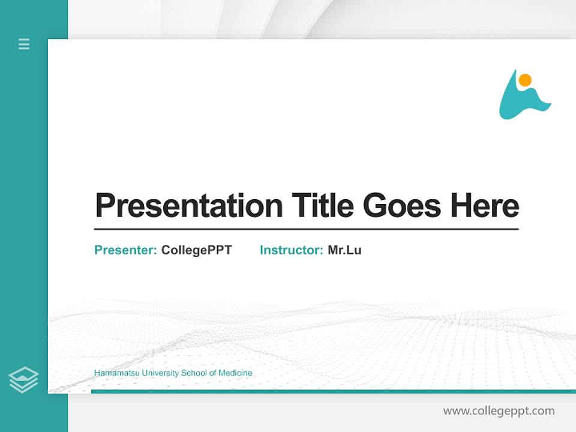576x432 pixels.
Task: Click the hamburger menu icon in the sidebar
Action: pyautogui.click(x=24, y=44)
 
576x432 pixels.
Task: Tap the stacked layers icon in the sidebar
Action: pyautogui.click(x=23, y=380)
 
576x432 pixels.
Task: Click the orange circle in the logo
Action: pyautogui.click(x=525, y=80)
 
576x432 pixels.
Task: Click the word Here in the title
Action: pyautogui.click(x=485, y=205)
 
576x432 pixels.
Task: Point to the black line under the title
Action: pyautogui.click(x=306, y=229)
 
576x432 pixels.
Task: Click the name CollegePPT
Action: pyautogui.click(x=196, y=250)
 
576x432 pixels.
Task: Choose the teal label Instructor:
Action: pyautogui.click(x=292, y=250)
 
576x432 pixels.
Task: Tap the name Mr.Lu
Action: pyautogui.click(x=344, y=250)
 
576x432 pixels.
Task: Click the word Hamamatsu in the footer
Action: pyautogui.click(x=114, y=373)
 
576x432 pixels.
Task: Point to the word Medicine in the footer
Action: pyautogui.click(x=235, y=373)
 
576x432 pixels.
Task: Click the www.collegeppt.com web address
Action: pyautogui.click(x=499, y=411)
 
